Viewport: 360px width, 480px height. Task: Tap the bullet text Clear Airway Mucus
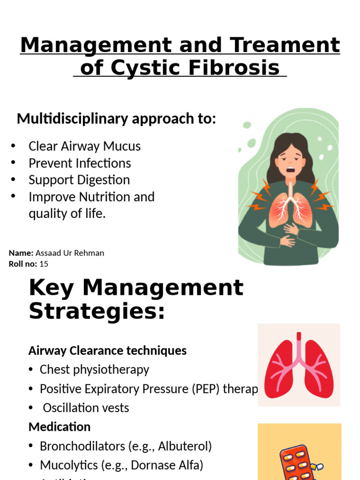(84, 146)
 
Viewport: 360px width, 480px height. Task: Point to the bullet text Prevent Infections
(80, 163)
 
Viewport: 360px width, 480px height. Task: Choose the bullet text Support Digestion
(79, 180)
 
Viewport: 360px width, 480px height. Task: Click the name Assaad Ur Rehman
(70, 253)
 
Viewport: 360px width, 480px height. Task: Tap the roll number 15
(44, 264)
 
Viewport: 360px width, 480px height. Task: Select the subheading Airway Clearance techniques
(107, 351)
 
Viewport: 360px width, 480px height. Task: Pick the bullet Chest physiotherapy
(94, 369)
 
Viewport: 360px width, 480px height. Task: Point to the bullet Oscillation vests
(86, 408)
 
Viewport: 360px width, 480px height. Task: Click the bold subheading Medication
(60, 427)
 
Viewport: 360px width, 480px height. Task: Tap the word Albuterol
(184, 446)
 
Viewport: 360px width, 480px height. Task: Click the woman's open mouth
(291, 170)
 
